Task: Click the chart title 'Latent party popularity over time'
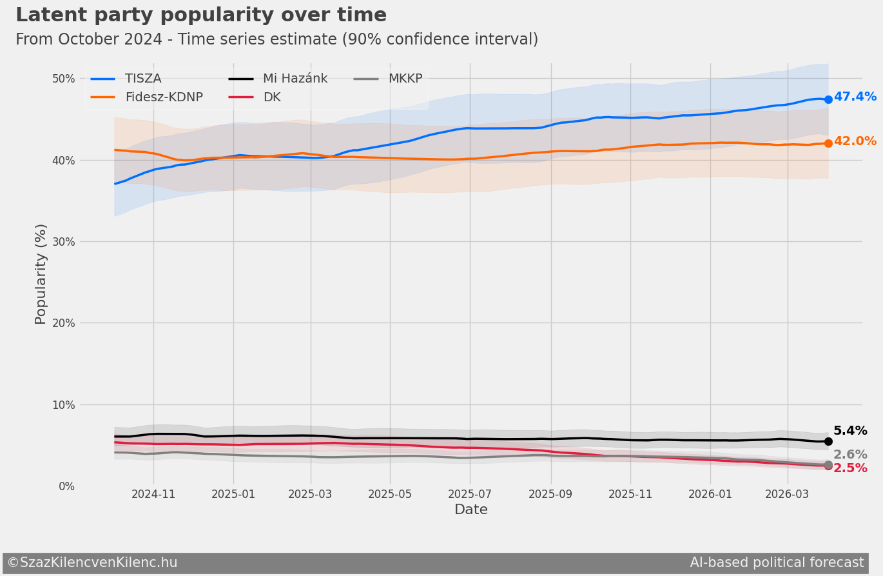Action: click(x=201, y=15)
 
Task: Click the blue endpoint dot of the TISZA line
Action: click(x=828, y=99)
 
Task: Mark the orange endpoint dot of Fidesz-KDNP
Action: click(x=828, y=143)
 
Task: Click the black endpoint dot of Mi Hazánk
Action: click(x=828, y=441)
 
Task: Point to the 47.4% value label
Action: click(x=855, y=97)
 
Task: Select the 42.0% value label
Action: click(x=855, y=141)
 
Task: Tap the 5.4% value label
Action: click(x=850, y=431)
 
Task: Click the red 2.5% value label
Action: click(x=850, y=468)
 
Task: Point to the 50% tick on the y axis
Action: click(x=63, y=79)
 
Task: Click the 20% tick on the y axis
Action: click(x=63, y=323)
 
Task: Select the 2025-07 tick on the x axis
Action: click(x=470, y=494)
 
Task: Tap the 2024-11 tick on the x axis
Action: click(x=153, y=494)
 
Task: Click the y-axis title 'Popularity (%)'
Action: click(x=41, y=274)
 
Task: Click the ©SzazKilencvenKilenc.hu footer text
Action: click(x=92, y=562)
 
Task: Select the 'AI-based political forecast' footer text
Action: click(x=777, y=562)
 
